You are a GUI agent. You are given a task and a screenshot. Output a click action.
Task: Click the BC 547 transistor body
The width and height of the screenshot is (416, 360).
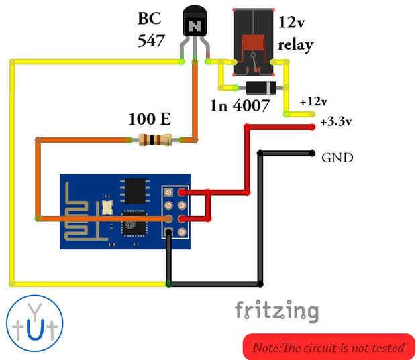195,24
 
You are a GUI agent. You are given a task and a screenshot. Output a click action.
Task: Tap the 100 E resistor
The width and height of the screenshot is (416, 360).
154,140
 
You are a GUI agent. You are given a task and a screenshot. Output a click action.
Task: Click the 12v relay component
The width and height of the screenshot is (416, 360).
253,42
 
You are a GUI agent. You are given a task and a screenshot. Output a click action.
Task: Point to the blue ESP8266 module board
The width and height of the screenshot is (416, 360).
125,210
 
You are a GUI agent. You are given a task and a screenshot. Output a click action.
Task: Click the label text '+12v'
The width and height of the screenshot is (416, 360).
313,102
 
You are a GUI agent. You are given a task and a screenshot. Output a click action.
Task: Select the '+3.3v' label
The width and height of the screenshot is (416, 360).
336,122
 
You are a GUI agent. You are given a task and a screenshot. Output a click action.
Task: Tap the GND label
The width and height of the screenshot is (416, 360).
337,158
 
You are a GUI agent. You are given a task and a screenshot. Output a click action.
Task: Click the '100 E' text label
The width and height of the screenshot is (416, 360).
149,120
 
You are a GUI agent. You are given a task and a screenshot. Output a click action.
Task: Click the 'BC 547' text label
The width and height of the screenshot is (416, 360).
151,29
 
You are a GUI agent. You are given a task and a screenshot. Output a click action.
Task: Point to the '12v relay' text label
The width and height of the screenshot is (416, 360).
296,34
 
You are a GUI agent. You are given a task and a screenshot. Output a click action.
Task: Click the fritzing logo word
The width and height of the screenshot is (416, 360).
276,310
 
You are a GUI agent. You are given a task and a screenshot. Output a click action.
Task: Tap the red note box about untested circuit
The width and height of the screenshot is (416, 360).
328,347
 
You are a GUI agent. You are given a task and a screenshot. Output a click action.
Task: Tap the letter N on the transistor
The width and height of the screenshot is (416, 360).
195,26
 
